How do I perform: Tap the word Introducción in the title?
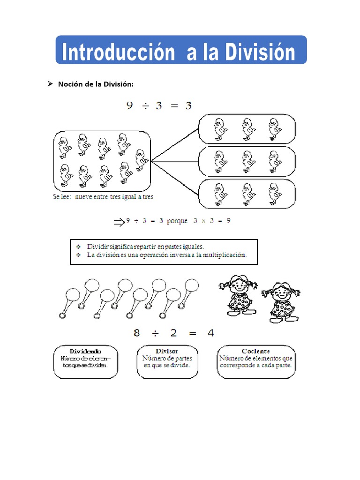[x=118, y=52]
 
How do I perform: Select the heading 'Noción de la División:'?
[x=96, y=84]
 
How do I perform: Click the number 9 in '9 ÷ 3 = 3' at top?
[x=130, y=106]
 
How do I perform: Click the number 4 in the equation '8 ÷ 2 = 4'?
[x=210, y=333]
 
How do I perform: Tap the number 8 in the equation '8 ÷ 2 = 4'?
[x=137, y=333]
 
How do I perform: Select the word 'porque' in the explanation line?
[x=177, y=221]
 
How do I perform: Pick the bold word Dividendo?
[x=85, y=351]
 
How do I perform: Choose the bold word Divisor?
[x=166, y=351]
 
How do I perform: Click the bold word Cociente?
[x=255, y=351]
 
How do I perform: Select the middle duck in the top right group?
[x=247, y=129]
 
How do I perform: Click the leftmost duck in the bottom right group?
[x=219, y=194]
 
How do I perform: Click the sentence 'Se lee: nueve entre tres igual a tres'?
[x=103, y=197]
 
